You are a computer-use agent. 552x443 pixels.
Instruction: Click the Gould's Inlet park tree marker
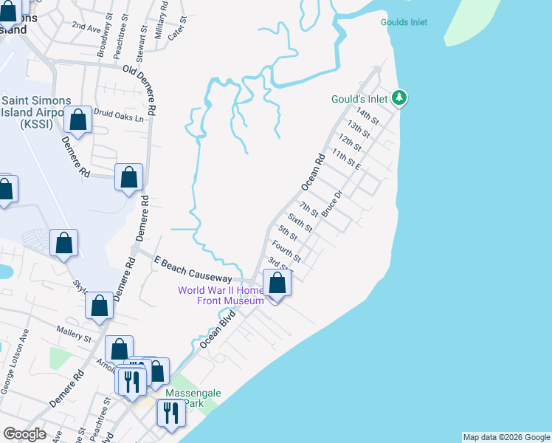click(x=399, y=97)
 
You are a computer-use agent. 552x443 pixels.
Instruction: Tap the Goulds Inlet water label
click(x=404, y=22)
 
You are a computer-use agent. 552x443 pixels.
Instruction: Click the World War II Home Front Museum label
click(x=221, y=295)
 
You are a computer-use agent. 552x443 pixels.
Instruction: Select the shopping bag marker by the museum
click(x=277, y=284)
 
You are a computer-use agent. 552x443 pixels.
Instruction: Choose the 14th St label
click(x=367, y=115)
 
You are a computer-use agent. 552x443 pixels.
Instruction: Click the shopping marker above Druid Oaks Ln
click(x=77, y=120)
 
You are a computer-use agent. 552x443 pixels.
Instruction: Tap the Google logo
click(x=24, y=434)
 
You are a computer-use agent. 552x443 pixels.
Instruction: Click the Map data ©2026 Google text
click(x=506, y=437)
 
